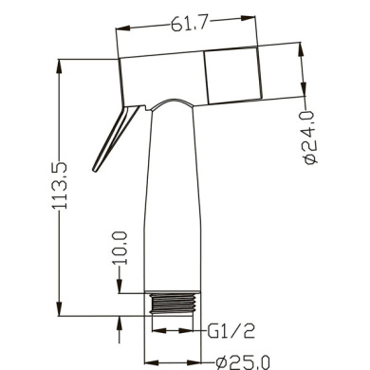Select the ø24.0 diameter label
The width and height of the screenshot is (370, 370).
tap(311, 138)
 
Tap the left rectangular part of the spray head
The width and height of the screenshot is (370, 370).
tap(161, 76)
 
